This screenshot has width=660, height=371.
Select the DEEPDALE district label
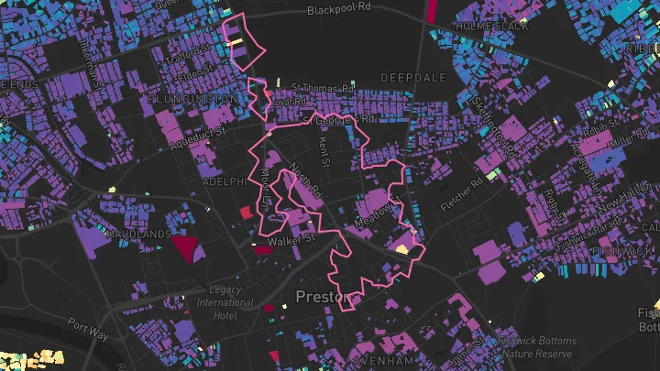click(412, 76)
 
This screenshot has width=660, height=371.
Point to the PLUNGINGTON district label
click(192, 99)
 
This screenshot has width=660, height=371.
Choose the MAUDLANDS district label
click(138, 235)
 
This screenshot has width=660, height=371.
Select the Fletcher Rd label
click(461, 193)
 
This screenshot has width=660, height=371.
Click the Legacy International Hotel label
click(225, 302)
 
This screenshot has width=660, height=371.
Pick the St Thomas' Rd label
click(323, 89)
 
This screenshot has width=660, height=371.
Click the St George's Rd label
click(344, 119)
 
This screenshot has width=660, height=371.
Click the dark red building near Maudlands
click(185, 247)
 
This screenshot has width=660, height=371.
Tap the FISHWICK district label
click(622, 250)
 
